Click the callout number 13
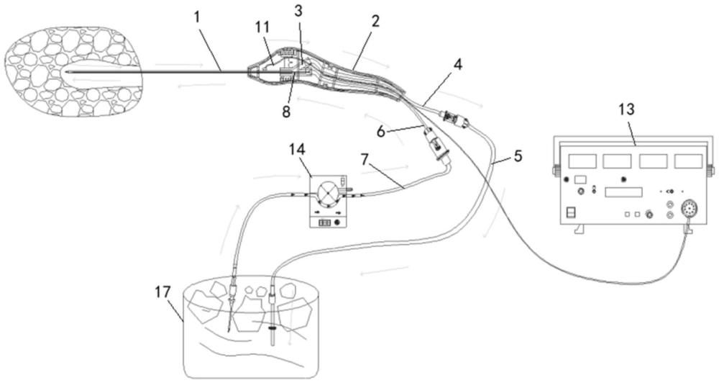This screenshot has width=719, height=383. pos(627,109)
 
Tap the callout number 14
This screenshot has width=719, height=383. pos(297,150)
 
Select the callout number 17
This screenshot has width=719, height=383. pos(162,292)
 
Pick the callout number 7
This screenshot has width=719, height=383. pos(365,161)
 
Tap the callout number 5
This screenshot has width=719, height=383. pos(518,156)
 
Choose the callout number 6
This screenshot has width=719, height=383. pos(382,132)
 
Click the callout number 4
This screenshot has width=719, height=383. pos(458,64)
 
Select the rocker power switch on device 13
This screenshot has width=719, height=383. pos(570,212)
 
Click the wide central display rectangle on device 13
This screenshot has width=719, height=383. pos(623,191)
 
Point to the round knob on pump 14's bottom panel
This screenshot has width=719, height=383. pos(338,222)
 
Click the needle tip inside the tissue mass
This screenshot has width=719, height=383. pos(66,72)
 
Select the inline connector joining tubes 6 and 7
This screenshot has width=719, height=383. pos(436,145)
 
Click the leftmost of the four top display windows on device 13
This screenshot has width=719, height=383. pos(582,161)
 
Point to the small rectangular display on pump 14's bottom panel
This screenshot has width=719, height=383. pos(324,222)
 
